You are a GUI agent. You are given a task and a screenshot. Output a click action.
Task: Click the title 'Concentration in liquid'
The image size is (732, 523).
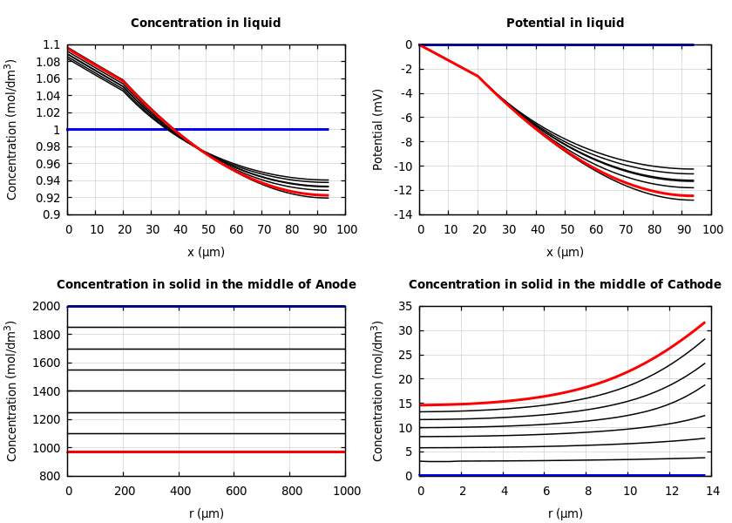click(x=206, y=24)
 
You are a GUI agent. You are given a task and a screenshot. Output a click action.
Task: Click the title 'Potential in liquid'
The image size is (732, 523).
click(x=565, y=24)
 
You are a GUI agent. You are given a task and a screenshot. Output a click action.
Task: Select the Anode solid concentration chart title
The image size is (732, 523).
click(x=207, y=285)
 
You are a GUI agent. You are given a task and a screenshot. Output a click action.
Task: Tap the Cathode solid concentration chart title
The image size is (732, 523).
click(x=565, y=285)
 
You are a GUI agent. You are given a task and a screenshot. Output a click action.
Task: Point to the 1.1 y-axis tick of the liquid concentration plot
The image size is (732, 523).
click(x=51, y=45)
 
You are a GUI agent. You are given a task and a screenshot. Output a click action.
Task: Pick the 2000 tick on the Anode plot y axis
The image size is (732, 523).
click(x=47, y=307)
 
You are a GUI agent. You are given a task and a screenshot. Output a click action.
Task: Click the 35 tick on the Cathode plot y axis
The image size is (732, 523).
click(x=404, y=307)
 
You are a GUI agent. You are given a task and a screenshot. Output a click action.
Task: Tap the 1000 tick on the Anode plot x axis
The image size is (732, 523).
click(x=346, y=492)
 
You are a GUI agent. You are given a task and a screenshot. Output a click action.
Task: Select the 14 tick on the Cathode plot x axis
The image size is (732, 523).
click(x=712, y=492)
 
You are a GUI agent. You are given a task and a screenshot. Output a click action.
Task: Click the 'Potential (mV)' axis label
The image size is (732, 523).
click(x=378, y=129)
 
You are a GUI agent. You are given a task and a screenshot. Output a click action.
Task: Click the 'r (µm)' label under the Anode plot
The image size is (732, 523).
click(x=207, y=513)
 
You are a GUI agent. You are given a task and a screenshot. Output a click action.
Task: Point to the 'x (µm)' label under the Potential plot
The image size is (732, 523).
click(x=565, y=252)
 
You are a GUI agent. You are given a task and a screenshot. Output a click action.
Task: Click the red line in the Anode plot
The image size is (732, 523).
click(x=207, y=452)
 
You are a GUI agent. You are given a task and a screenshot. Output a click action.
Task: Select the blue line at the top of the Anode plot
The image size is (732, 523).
click(x=207, y=306)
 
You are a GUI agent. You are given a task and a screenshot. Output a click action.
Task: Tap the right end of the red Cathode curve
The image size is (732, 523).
click(x=704, y=323)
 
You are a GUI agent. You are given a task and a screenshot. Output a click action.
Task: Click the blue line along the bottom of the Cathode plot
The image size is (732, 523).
click(x=562, y=475)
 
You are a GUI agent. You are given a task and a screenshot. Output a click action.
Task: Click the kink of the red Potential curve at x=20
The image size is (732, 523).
click(x=478, y=76)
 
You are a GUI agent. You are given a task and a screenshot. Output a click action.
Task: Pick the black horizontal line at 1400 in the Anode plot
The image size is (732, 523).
click(x=207, y=391)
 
